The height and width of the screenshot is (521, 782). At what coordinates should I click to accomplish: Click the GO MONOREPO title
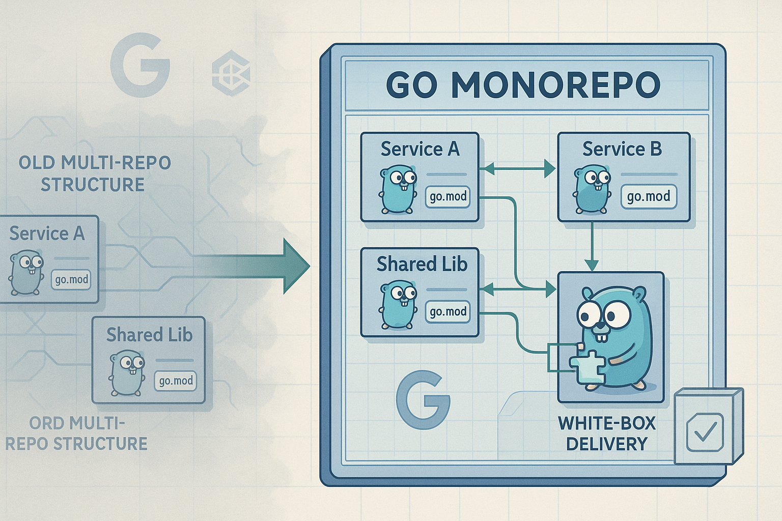click(523, 85)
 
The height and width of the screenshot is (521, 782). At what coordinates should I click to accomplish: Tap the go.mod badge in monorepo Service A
click(448, 197)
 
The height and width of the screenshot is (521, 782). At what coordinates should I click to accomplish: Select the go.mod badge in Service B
click(649, 196)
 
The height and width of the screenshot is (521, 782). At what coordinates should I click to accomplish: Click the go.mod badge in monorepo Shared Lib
click(448, 311)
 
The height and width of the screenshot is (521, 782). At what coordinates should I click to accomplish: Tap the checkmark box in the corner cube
click(705, 432)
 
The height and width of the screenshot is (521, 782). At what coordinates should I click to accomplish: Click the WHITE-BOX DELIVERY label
click(607, 434)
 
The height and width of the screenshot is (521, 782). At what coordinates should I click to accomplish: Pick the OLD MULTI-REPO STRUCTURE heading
click(94, 173)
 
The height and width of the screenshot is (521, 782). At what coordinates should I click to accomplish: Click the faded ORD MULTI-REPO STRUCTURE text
click(76, 433)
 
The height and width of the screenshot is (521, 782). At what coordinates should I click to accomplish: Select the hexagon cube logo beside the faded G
click(231, 73)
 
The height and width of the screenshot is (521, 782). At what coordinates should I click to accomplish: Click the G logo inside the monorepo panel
click(423, 399)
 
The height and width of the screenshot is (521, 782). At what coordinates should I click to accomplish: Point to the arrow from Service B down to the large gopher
click(592, 246)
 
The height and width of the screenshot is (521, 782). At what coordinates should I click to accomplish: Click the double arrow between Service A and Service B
click(517, 169)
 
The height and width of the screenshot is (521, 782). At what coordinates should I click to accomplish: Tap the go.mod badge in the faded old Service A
click(71, 279)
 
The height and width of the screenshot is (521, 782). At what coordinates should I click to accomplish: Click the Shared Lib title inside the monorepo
click(422, 264)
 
